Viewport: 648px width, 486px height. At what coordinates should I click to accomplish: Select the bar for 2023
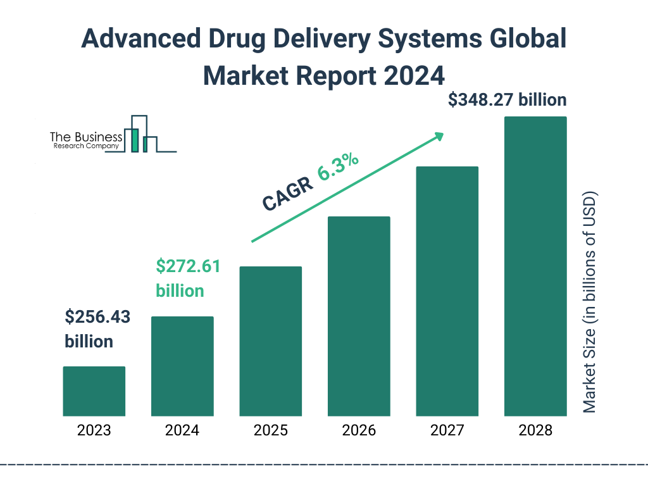94,391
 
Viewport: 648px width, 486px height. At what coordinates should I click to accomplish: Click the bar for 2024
182,366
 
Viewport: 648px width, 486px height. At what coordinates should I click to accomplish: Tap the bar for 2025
270,341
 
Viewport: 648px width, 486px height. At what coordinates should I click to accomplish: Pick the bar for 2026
359,316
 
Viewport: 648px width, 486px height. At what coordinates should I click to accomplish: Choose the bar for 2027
447,291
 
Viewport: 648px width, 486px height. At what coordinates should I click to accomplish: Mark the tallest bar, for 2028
535,266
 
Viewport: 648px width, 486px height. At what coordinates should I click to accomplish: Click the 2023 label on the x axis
94,431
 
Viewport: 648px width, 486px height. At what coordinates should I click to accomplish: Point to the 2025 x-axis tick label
270,431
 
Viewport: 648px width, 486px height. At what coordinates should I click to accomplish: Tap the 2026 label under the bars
359,431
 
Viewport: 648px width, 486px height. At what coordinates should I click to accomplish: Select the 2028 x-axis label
535,431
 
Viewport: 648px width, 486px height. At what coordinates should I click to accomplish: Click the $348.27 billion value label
507,101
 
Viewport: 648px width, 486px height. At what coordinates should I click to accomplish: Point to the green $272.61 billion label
188,278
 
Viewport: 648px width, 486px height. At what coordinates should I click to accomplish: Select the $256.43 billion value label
97,329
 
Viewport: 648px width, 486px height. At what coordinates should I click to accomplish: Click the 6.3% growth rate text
339,166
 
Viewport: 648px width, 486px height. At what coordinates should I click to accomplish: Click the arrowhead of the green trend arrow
438,137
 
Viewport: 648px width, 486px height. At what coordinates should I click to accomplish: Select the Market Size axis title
590,301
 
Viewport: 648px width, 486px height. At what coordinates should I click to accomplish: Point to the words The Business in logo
86,137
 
